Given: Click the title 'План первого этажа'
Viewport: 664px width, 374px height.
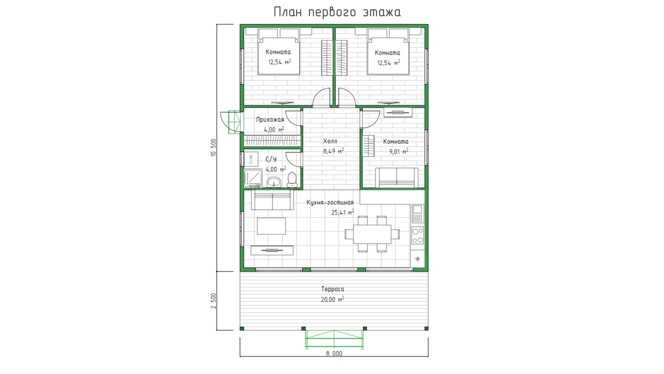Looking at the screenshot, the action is [x=337, y=12].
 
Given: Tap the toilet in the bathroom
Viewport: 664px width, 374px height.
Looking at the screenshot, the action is [x=292, y=180].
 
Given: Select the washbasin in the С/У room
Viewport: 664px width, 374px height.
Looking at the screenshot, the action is [x=274, y=182].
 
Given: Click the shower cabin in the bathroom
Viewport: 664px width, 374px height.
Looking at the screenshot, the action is [x=253, y=178].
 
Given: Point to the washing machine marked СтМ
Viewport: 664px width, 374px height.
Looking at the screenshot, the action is [x=251, y=159].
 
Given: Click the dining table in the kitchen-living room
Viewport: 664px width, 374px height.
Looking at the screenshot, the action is [x=372, y=234].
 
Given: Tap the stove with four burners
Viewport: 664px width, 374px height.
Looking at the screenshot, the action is [x=417, y=235].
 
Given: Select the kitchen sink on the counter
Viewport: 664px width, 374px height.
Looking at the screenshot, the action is [x=417, y=214].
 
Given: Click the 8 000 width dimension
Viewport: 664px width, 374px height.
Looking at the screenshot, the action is [x=334, y=354].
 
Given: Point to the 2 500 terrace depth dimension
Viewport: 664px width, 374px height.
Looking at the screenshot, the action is [x=213, y=301].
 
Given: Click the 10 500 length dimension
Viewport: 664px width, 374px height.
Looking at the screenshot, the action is [x=213, y=148].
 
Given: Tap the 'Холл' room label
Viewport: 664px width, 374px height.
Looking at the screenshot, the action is [x=330, y=141].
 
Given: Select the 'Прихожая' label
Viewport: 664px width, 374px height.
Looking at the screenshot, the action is [x=270, y=120].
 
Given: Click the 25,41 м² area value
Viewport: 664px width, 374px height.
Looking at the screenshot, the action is [x=342, y=212].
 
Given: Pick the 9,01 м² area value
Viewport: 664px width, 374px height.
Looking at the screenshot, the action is [x=399, y=151].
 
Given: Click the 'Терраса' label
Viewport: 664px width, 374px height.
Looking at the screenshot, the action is [x=332, y=289].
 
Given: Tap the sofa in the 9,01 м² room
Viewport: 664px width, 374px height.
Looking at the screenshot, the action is [x=397, y=178].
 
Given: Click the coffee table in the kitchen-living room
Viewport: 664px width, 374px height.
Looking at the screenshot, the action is [x=271, y=226].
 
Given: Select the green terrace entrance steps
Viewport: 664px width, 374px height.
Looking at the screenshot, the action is [x=334, y=339].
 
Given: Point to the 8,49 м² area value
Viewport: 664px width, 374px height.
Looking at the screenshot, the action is [x=333, y=151].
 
